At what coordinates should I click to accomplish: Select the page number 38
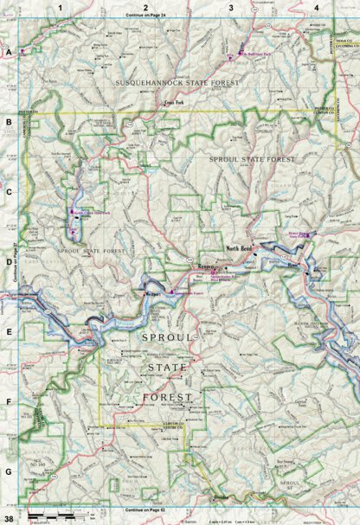tap(9, 517)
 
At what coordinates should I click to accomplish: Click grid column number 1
tap(60, 7)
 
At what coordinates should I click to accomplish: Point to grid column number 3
tap(231, 7)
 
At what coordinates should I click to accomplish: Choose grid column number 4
tap(317, 7)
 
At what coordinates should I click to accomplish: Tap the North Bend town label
tap(238, 248)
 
